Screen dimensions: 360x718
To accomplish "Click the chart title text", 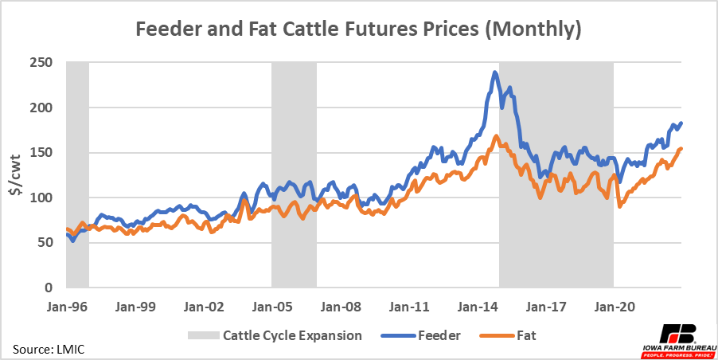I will point(358,30).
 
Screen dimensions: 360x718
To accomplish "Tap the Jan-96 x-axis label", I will point(66,305).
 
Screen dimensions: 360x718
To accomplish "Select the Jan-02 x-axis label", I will point(203,305).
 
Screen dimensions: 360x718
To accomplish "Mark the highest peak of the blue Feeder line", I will point(495,72).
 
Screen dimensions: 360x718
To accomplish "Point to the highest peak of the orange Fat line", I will point(495,136).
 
